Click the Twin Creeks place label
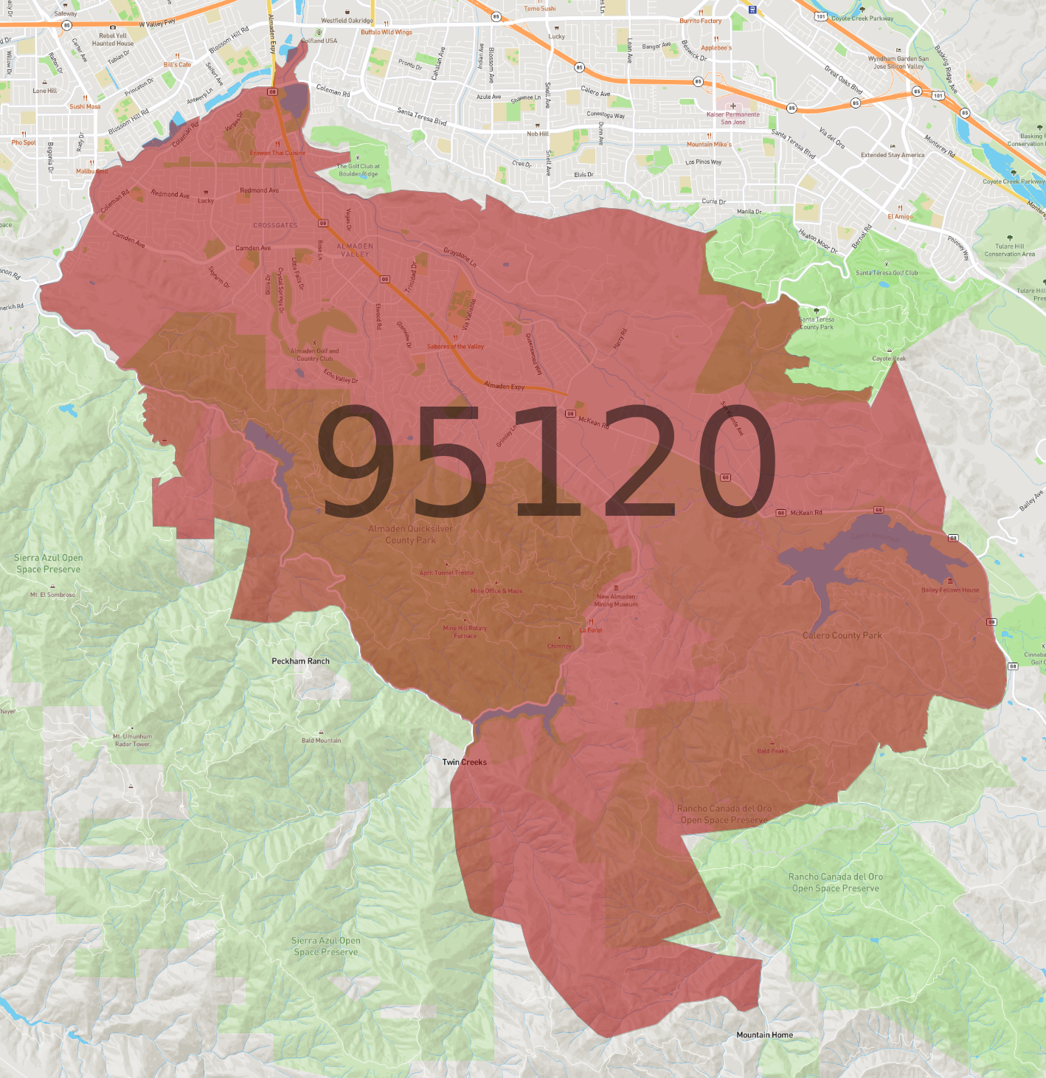[x=464, y=762]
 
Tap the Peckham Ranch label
[x=300, y=661]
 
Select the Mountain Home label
[x=764, y=1035]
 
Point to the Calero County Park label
[x=842, y=635]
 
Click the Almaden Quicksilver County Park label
[x=411, y=534]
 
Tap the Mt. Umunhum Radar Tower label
[x=133, y=740]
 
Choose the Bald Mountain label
[x=321, y=741]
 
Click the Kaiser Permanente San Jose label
[x=732, y=118]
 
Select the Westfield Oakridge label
[x=347, y=21]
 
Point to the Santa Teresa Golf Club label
[x=887, y=273]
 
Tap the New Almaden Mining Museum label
[x=616, y=601]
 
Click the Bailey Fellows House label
[x=950, y=590]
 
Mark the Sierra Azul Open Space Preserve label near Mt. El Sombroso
[x=49, y=564]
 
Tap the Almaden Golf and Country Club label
[x=315, y=355]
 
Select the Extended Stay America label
[x=893, y=155]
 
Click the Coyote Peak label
[x=889, y=359]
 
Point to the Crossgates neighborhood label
[x=275, y=225]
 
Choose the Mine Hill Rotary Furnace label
[x=465, y=632]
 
